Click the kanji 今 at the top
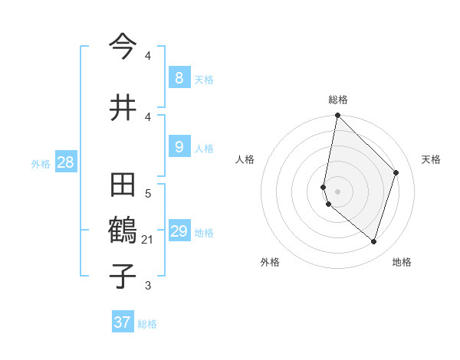tap(123, 45)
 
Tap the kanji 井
tap(123, 106)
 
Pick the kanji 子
tap(123, 275)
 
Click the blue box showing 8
tap(179, 77)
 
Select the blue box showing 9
tap(179, 146)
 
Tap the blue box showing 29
tap(179, 231)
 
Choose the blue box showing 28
tap(65, 162)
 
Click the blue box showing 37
tap(123, 322)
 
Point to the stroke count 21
tap(148, 241)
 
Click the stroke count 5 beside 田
tap(148, 194)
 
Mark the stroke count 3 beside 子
tap(148, 286)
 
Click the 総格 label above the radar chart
tap(337, 100)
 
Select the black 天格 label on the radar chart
tap(431, 159)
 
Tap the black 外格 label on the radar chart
tap(269, 262)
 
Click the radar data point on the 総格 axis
tap(337, 115)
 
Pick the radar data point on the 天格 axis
tap(396, 172)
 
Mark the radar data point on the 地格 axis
tap(374, 242)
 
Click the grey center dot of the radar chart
tap(337, 191)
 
